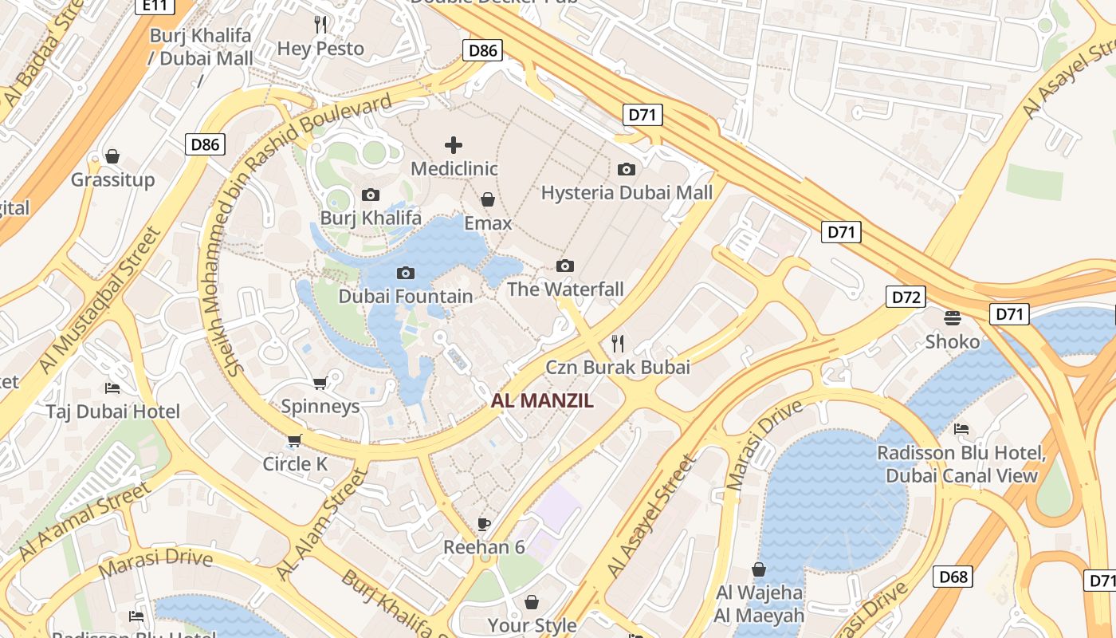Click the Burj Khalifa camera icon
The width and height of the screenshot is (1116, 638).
pos(371,195)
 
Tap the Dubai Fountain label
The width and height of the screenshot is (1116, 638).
pos(406,297)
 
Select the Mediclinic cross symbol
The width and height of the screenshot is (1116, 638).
pos(454,145)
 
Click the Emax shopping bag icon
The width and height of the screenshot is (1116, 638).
pos(488,199)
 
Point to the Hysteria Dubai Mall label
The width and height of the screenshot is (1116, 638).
pos(627,193)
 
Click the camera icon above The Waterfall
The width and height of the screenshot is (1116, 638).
pos(565,266)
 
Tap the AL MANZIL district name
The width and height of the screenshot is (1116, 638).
pos(542,401)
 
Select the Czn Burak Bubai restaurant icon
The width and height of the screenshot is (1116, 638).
pos(618,344)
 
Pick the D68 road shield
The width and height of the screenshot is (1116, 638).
pos(953,577)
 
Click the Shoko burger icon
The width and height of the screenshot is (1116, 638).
pos(952,318)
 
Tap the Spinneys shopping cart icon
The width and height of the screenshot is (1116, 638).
pos(320,383)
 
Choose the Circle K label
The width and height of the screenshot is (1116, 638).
pos(295,464)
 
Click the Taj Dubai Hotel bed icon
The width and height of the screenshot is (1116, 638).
pos(112,388)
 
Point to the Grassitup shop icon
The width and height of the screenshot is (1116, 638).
pos(112,156)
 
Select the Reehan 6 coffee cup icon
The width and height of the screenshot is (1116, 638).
pos(484,524)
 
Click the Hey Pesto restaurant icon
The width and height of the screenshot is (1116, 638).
pos(320,25)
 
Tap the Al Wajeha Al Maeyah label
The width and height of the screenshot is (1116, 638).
pos(759,605)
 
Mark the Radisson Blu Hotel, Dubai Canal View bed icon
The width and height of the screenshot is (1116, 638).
pos(961,429)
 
